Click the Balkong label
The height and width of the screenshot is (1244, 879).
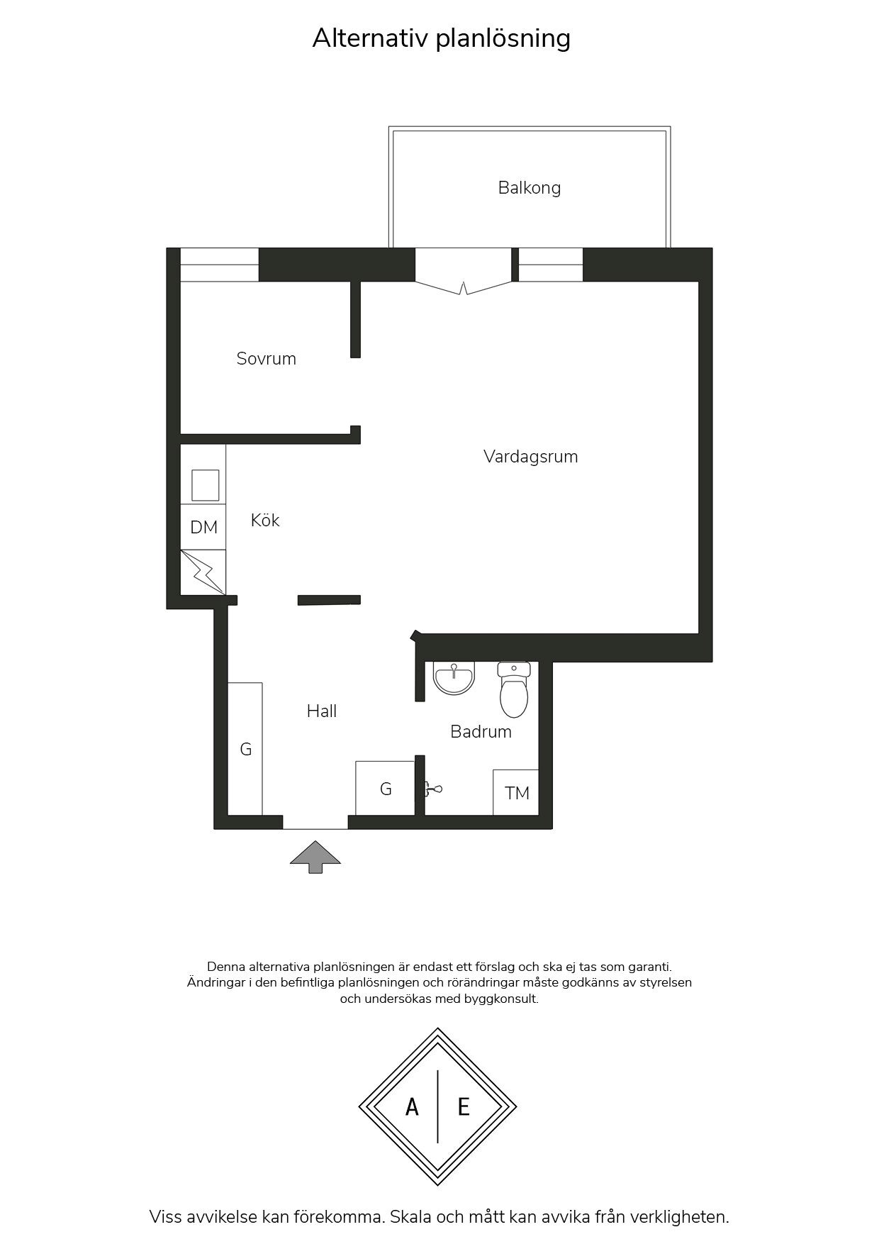point(529,188)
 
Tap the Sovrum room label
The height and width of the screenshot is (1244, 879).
point(266,358)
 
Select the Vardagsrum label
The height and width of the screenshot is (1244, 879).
point(530,457)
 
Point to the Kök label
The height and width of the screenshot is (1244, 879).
point(265,520)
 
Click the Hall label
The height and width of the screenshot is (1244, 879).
point(321,711)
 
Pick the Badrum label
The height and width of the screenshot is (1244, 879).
point(481,731)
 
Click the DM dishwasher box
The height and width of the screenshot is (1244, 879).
point(203,527)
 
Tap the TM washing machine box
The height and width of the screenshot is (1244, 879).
point(516,792)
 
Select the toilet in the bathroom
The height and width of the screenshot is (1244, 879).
point(514,689)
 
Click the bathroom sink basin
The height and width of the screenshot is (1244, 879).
point(454,679)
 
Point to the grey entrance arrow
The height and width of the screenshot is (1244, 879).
point(315,857)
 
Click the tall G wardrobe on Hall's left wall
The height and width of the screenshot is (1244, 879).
point(245,749)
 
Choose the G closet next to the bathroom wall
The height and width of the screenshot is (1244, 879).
point(385,788)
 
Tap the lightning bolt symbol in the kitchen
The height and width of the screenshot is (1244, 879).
point(203,572)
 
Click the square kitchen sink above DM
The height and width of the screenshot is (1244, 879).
point(205,485)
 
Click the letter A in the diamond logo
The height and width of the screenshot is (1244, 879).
point(412,1106)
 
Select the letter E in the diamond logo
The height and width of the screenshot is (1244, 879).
point(464,1106)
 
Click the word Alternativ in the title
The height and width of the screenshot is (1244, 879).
point(371,38)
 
